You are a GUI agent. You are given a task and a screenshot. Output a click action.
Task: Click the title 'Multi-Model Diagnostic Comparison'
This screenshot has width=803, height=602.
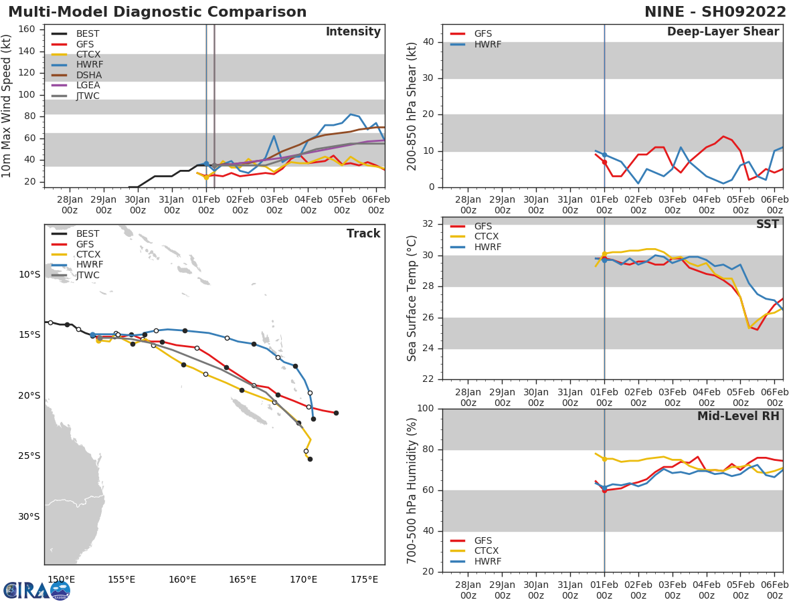pos(157,12)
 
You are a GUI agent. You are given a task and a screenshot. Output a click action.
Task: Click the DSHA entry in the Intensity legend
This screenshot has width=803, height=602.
pos(88,75)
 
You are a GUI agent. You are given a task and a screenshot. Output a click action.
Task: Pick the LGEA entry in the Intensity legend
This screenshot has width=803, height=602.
pos(88,85)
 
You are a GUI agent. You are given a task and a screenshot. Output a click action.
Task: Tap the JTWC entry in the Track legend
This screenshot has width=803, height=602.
pos(88,275)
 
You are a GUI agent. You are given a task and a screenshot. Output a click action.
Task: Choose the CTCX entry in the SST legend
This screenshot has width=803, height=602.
pos(486,237)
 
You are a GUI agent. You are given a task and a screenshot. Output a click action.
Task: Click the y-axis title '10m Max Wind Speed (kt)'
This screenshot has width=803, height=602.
pos(7,106)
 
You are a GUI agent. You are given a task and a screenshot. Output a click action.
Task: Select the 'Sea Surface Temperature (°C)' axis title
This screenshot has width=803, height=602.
pos(412,298)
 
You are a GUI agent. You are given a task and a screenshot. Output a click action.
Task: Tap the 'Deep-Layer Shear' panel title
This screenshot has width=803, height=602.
pos(723,32)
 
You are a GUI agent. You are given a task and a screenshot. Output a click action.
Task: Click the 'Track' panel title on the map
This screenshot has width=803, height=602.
pos(363,233)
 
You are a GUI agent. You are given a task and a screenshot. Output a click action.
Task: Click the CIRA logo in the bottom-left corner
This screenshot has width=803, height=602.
pos(37,590)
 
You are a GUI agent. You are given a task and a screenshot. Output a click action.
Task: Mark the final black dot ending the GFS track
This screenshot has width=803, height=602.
pos(336,413)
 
